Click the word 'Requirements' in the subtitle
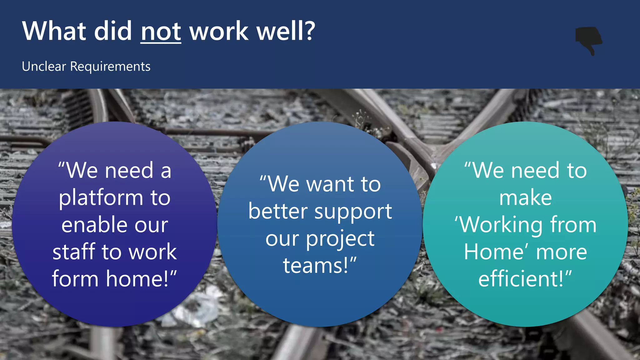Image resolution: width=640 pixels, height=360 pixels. click(110, 67)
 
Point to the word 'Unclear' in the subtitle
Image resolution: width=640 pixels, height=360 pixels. click(44, 67)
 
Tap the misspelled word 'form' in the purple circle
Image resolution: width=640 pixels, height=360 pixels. click(75, 279)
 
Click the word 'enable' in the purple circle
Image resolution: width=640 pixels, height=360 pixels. click(95, 225)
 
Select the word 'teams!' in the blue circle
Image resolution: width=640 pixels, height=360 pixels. click(316, 266)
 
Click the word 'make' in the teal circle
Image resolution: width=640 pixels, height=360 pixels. click(525, 198)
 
